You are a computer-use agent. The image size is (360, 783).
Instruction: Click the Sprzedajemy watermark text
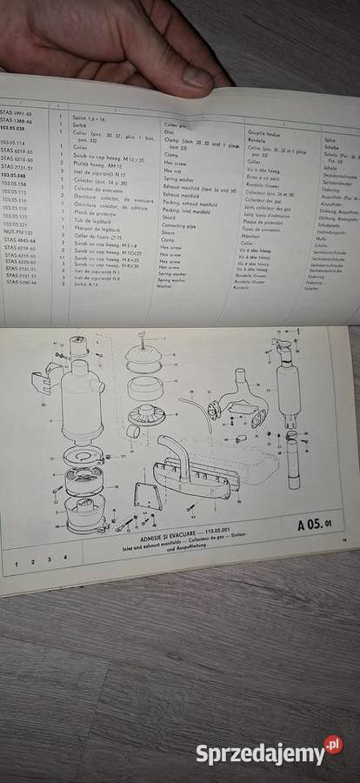coord(258,753)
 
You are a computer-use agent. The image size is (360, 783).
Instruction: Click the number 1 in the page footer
coord(16,562)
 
